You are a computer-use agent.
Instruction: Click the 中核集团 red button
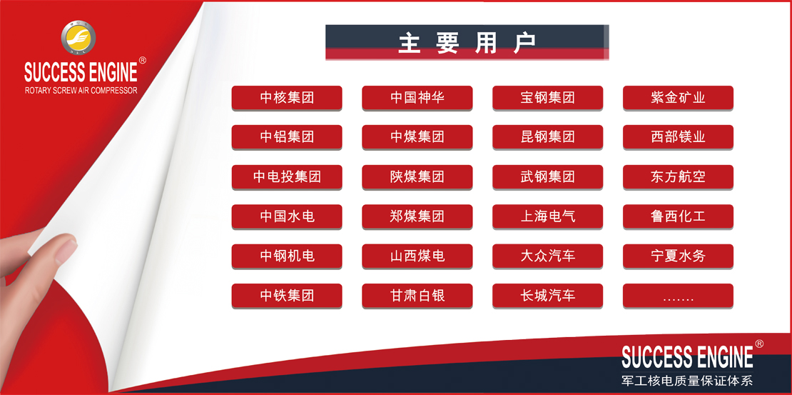[x=287, y=98]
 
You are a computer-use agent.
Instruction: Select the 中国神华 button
[x=417, y=98]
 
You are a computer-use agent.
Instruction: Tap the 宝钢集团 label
[x=547, y=98]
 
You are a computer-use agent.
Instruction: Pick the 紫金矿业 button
[x=678, y=98]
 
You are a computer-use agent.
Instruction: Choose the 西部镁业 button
[x=678, y=137]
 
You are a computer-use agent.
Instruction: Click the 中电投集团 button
[x=287, y=177]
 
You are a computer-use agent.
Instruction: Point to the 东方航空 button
[x=678, y=177]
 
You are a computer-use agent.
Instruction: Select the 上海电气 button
[x=547, y=216]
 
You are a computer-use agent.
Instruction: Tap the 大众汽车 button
[x=547, y=256]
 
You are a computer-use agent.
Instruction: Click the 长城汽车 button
[x=547, y=296]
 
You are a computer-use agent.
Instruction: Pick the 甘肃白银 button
[x=417, y=296]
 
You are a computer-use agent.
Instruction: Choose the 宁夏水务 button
[x=678, y=256]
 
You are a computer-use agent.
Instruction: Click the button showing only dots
[x=678, y=296]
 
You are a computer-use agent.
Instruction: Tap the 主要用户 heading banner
[x=467, y=42]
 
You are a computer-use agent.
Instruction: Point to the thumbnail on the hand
[x=65, y=250]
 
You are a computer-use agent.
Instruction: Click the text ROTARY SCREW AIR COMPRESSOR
[x=81, y=91]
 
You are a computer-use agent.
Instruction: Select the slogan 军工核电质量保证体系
[x=687, y=380]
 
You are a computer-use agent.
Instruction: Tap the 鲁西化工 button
[x=678, y=216]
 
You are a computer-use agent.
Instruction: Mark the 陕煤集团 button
[x=417, y=177]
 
